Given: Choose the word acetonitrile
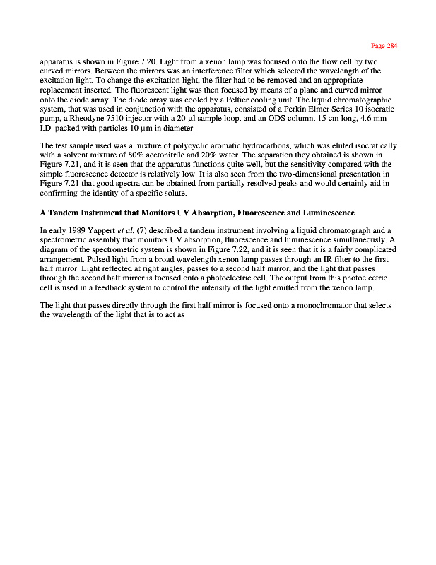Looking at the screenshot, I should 216,155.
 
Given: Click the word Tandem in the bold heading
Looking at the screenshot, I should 66,213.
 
